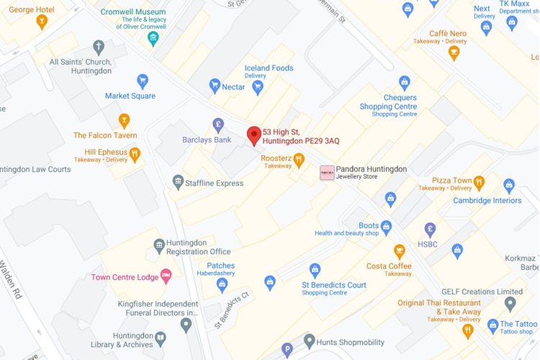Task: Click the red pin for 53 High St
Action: click(x=253, y=135)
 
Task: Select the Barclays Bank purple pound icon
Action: click(x=218, y=125)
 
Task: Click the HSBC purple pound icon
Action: click(x=430, y=230)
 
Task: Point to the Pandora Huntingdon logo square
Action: click(x=327, y=173)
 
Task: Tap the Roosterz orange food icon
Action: click(x=299, y=160)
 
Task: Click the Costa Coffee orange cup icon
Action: click(x=399, y=251)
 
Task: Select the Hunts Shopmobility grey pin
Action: click(x=310, y=340)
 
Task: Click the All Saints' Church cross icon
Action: click(x=98, y=46)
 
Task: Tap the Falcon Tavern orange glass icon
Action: click(x=125, y=120)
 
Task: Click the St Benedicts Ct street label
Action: click(x=234, y=310)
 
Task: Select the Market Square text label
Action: click(x=130, y=96)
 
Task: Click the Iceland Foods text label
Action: click(x=269, y=68)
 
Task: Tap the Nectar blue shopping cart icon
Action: click(x=214, y=86)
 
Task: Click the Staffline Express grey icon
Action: click(x=178, y=182)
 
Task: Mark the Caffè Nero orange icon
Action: click(x=453, y=52)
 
